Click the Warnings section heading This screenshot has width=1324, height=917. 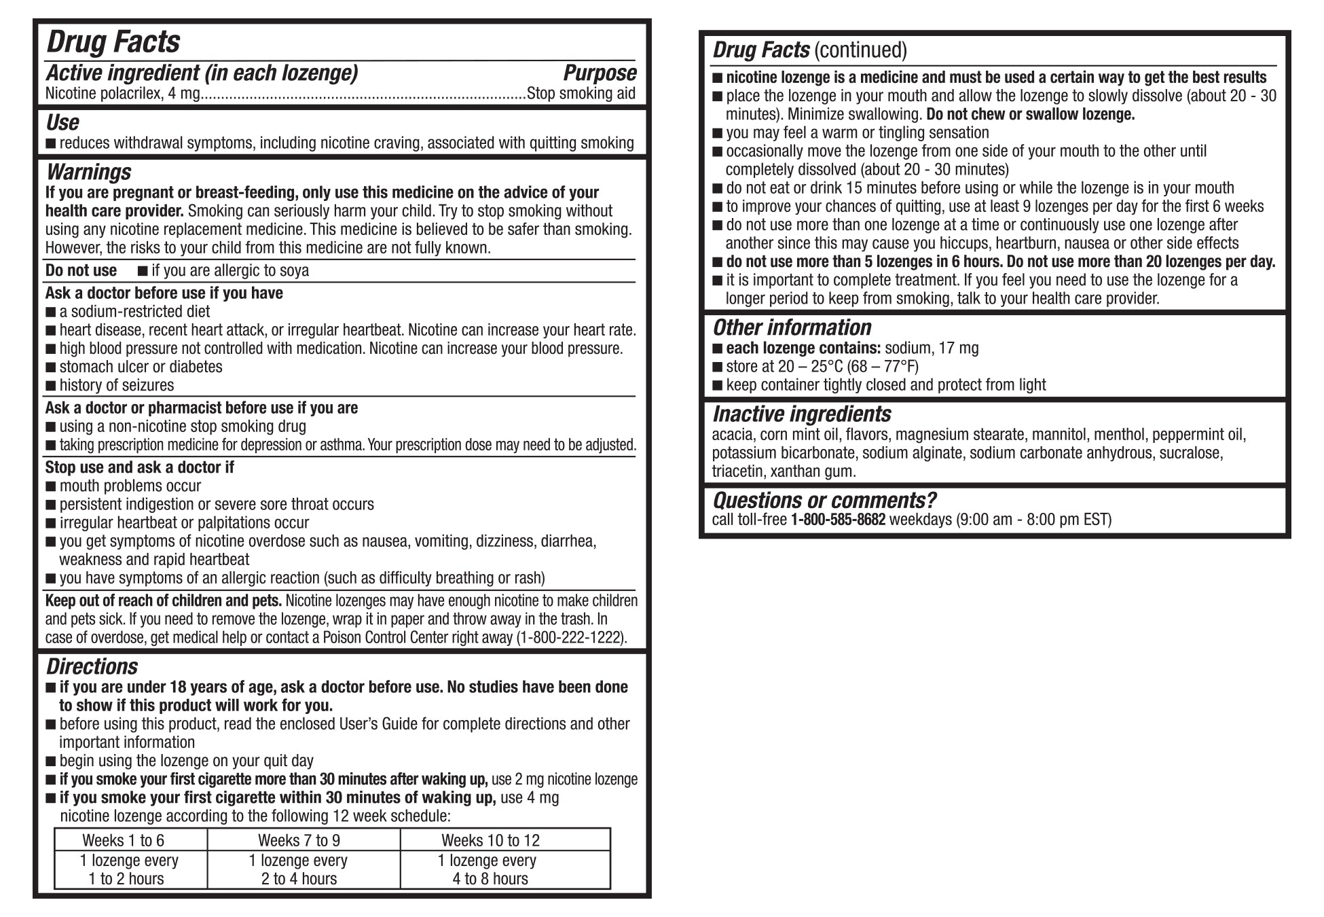[x=88, y=172]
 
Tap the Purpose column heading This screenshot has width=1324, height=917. [x=600, y=73]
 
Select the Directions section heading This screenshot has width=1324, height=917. [x=92, y=666]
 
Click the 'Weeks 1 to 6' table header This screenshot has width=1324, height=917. [x=124, y=840]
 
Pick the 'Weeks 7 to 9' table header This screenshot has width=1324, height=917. [x=299, y=840]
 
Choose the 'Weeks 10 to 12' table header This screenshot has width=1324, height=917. [x=490, y=840]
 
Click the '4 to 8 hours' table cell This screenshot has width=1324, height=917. [x=490, y=879]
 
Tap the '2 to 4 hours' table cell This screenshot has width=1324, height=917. [x=299, y=879]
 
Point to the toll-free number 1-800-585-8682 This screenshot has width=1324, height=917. [x=838, y=520]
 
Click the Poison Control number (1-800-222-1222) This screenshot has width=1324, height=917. [x=571, y=638]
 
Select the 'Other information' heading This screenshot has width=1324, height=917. [x=792, y=327]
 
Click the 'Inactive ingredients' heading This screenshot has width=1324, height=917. [x=801, y=414]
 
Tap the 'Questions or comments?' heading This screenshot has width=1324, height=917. [x=824, y=501]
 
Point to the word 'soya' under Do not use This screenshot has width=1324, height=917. [x=294, y=270]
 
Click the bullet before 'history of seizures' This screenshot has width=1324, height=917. [x=50, y=386]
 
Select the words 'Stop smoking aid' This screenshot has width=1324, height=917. [x=581, y=94]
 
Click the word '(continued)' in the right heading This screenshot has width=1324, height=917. [x=860, y=50]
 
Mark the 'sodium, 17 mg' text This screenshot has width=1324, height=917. [x=932, y=348]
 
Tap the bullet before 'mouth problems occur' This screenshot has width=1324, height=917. [x=50, y=486]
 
